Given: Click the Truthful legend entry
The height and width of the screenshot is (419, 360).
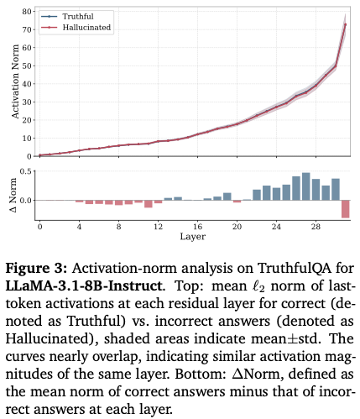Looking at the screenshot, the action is pos(67,17).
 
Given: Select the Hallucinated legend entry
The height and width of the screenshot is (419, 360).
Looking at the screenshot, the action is pos(76,28).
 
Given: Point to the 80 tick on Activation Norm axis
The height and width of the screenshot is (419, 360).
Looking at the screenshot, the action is pos(27,12).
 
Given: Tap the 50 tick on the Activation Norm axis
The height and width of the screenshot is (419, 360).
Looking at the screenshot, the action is pos(27,65).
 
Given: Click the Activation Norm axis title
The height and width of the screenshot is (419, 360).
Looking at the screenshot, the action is pos(15,81).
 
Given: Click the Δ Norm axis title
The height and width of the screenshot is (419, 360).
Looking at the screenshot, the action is pos(13,195).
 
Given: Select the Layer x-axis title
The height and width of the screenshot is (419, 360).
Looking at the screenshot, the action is pos(192,237).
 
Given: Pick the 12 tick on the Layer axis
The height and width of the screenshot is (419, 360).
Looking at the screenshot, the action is pos(158,227).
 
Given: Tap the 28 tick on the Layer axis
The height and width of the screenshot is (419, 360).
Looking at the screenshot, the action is pos(316,227).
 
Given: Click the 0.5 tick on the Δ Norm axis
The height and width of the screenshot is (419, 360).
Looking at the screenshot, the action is pos(26,171).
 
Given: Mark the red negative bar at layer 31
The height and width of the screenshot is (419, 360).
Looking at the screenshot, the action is pos(346,209).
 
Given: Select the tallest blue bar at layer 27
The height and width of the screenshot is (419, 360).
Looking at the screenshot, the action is pos(306,186).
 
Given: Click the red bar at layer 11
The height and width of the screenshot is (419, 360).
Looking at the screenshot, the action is pos(149,204).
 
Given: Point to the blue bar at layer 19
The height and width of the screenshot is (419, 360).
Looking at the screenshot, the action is pos(227,196).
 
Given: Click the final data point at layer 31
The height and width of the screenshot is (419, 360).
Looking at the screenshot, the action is pos(346,24).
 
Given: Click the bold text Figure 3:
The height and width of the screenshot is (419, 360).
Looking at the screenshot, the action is pos(36,269).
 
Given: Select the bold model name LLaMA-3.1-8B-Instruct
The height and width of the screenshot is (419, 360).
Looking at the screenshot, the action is pos(84,286).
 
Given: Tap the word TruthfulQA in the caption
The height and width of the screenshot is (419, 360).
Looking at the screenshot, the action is pos(294,269).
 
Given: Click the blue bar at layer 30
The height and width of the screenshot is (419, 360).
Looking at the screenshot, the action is pos(336,190).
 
